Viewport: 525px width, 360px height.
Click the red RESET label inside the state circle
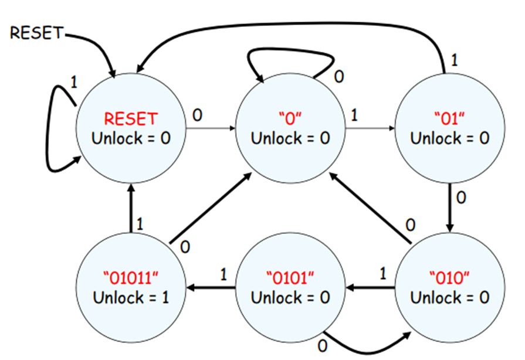[131, 118]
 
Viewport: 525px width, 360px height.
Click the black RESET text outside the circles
[36, 32]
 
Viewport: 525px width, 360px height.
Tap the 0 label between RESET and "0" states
[197, 114]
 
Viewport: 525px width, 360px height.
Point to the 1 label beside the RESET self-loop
[73, 81]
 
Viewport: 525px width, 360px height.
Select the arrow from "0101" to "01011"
[211, 287]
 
